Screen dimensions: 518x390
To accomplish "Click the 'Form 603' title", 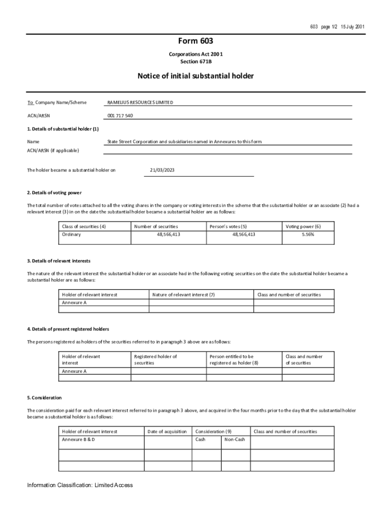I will (195, 41).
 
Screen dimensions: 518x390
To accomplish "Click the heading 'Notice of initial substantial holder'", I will (195, 76).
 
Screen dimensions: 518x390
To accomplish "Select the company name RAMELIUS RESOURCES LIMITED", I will (140, 103).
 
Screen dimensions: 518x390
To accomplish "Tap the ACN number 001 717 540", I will (120, 116).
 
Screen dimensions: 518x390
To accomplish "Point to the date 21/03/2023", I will (163, 170).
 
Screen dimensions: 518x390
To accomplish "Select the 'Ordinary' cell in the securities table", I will (71, 235).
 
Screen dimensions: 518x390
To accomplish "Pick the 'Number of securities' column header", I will (156, 226).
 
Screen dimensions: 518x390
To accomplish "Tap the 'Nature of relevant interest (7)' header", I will (183, 294).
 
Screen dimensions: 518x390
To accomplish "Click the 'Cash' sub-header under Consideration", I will (201, 440).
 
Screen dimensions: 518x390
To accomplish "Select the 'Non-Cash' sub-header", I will (235, 440).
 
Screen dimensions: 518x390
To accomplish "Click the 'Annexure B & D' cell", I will (79, 440).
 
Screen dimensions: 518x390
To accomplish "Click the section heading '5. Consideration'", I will (45, 398).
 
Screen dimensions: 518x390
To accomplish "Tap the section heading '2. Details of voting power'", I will (54, 193).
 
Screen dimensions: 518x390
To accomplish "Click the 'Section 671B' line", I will (195, 61).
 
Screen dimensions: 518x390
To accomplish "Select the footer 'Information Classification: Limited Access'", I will (80, 485).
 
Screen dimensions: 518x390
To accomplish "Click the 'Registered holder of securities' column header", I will (155, 360).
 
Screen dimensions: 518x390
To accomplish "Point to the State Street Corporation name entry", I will (184, 142).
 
